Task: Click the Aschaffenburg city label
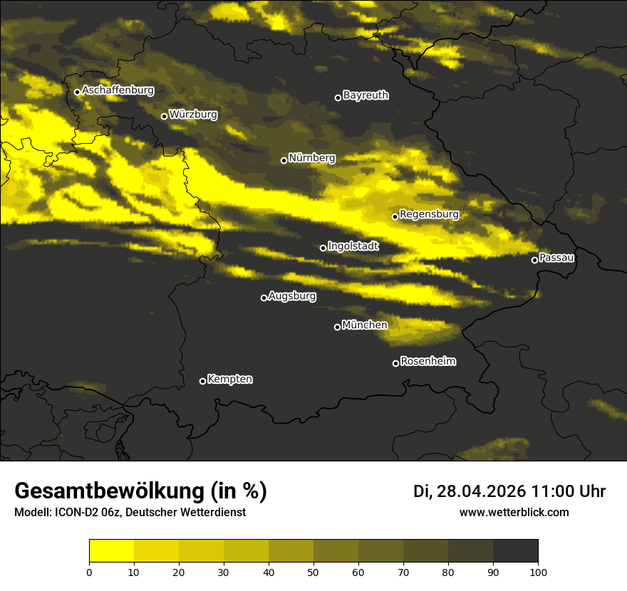coord(118,90)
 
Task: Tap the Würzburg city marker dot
coord(164,116)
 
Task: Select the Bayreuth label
coord(366,95)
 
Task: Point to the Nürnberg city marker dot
coord(284,160)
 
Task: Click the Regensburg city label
coord(429,214)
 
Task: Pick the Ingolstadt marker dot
coord(323,248)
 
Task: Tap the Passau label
coord(556,258)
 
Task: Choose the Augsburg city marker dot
coord(264,298)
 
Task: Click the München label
coord(365,325)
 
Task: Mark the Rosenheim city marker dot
coord(395,363)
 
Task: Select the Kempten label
coord(229,380)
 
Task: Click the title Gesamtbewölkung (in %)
coord(140,491)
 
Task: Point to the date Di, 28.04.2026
coord(470,491)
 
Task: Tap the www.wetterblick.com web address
coord(514,512)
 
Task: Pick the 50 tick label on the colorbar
coord(313,571)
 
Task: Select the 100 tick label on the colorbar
coord(537,571)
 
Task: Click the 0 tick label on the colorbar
coord(90,571)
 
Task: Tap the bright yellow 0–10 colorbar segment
coord(112,551)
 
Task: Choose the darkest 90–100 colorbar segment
coord(515,551)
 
